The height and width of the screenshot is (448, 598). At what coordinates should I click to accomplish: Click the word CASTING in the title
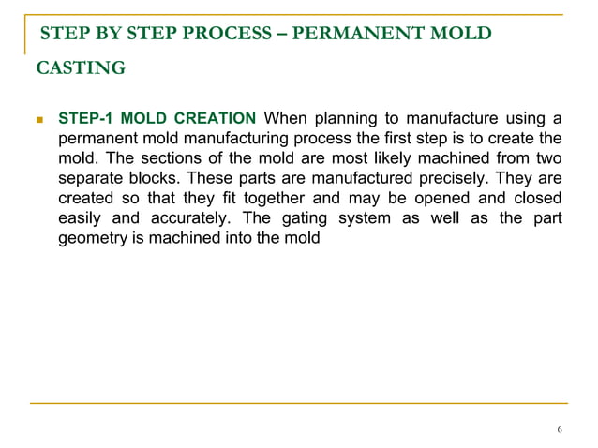coord(81,67)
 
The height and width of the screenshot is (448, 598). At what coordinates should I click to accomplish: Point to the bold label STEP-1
coord(87,118)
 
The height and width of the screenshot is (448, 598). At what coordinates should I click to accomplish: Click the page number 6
coord(560,430)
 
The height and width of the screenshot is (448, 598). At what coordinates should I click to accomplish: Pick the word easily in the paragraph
coord(81,218)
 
